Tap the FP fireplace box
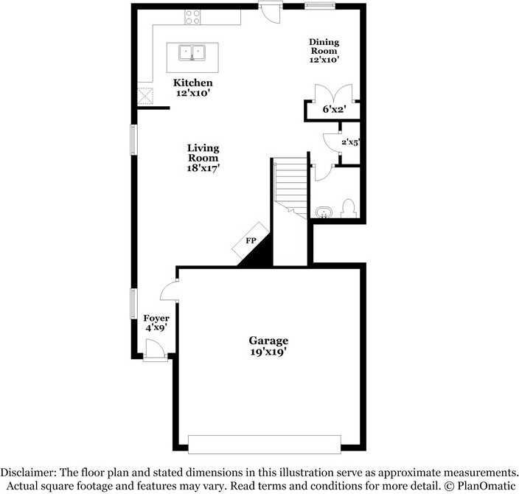pyautogui.click(x=250, y=240)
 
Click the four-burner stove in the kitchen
pyautogui.click(x=192, y=17)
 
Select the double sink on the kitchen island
pyautogui.click(x=192, y=53)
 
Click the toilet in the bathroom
pyautogui.click(x=348, y=208)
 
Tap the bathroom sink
pyautogui.click(x=324, y=212)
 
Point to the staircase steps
pyautogui.click(x=290, y=187)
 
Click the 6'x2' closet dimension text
pyautogui.click(x=334, y=109)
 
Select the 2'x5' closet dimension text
pyautogui.click(x=350, y=142)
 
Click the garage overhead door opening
pyautogui.click(x=265, y=445)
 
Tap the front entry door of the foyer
pyautogui.click(x=156, y=349)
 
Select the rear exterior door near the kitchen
pyautogui.click(x=271, y=13)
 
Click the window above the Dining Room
pyautogui.click(x=320, y=6)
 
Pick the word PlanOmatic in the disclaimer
pyautogui.click(x=487, y=486)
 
